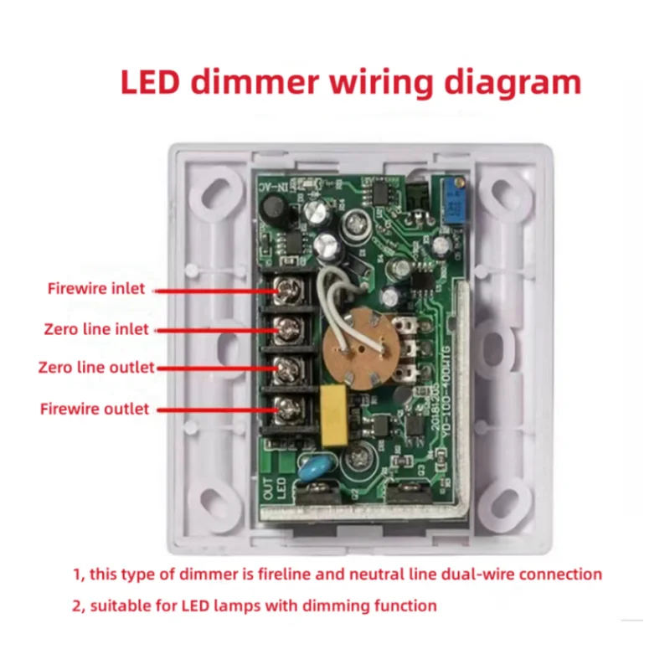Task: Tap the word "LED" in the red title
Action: [153, 83]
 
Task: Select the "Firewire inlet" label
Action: [95, 289]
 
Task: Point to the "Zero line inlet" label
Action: [96, 329]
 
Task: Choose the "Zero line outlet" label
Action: [96, 368]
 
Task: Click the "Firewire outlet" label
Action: [95, 409]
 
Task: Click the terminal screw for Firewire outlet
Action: [289, 409]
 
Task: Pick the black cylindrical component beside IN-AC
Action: [281, 214]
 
